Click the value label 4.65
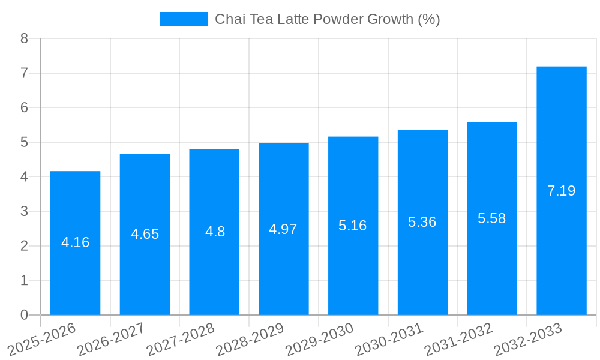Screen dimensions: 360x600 click(x=145, y=234)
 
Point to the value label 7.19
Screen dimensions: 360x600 click(x=561, y=191)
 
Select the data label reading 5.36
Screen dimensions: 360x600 click(x=422, y=222)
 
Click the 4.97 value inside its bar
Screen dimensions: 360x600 click(x=283, y=229)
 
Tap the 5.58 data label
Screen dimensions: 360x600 click(x=491, y=218)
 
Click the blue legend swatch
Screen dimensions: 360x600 click(x=183, y=19)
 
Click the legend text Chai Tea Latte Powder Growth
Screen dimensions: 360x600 click(x=327, y=19)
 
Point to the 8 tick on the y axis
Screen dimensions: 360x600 click(x=24, y=38)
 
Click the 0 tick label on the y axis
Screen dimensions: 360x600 click(x=24, y=315)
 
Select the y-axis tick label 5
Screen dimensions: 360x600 click(x=24, y=142)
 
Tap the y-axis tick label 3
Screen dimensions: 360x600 click(x=24, y=211)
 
